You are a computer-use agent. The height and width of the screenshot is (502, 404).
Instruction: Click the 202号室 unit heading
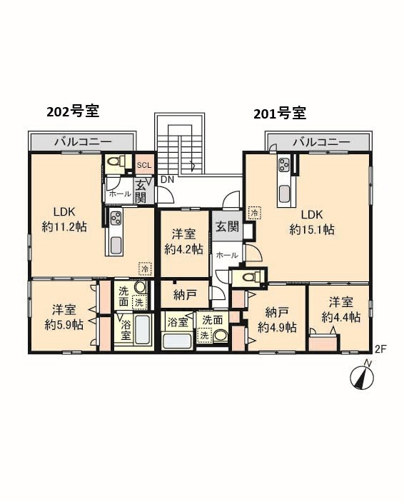click(73, 111)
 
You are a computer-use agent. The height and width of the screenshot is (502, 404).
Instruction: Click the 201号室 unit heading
click(280, 114)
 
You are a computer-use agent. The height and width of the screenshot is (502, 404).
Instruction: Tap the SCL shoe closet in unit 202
click(143, 165)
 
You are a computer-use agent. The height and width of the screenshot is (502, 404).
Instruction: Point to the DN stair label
click(167, 180)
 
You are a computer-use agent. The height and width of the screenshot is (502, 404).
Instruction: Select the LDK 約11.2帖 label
click(64, 219)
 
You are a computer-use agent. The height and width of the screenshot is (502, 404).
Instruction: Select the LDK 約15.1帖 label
click(312, 222)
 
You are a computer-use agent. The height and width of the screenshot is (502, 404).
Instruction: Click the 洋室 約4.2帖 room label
click(183, 241)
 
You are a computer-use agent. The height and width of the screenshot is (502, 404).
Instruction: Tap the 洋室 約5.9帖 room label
click(64, 317)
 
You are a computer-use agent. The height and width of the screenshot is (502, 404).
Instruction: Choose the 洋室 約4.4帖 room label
click(341, 310)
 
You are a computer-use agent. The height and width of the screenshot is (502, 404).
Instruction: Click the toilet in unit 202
click(115, 162)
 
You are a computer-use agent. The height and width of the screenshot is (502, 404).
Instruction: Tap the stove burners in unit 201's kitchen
click(284, 165)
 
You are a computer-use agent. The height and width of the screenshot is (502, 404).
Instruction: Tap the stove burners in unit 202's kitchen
click(115, 218)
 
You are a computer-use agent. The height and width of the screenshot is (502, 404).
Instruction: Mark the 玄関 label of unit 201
click(227, 226)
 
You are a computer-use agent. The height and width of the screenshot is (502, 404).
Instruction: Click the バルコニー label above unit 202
click(83, 142)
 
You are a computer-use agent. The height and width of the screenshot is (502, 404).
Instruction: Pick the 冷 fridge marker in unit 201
click(255, 213)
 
